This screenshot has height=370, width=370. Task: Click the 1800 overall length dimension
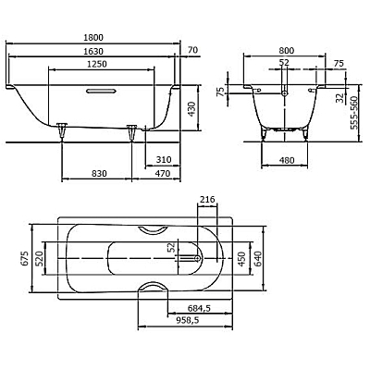pyautogui.click(x=93, y=37)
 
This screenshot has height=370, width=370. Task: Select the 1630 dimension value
pyautogui.click(x=93, y=51)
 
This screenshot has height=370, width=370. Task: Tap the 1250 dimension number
pyautogui.click(x=97, y=64)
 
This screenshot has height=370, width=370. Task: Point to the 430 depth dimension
pyautogui.click(x=191, y=108)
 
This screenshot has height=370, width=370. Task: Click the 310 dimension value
pyautogui.click(x=164, y=160)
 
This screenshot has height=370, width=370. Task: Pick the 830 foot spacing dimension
pyautogui.click(x=99, y=174)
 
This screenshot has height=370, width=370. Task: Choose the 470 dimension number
pyautogui.click(x=163, y=174)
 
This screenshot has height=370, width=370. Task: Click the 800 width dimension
pyautogui.click(x=287, y=50)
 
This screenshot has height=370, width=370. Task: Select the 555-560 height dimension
pyautogui.click(x=354, y=113)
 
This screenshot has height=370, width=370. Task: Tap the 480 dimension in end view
pyautogui.click(x=287, y=160)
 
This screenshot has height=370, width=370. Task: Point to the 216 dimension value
pyautogui.click(x=207, y=200)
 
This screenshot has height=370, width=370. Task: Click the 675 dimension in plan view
pyautogui.click(x=24, y=258)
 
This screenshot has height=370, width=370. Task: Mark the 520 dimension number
pyautogui.click(x=38, y=258)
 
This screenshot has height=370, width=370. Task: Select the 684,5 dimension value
pyautogui.click(x=199, y=308)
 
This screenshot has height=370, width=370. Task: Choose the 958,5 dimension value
pyautogui.click(x=187, y=320)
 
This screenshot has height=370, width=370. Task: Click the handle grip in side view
pyautogui.click(x=102, y=91)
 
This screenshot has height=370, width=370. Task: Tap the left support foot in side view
pyautogui.click(x=62, y=129)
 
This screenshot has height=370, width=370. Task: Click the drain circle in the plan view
pyautogui.click(x=198, y=258)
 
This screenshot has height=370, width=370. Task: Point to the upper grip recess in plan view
pyautogui.click(x=153, y=230)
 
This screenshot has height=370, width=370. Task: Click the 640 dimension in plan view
pyautogui.click(x=258, y=258)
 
